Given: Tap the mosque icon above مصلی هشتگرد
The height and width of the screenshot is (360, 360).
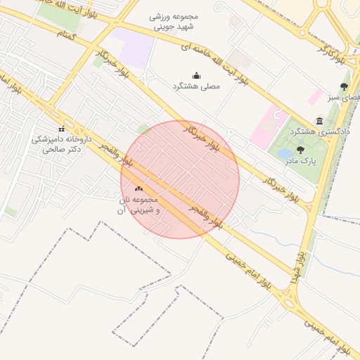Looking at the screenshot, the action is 196,76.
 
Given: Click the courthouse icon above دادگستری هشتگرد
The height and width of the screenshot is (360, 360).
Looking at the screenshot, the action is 320,121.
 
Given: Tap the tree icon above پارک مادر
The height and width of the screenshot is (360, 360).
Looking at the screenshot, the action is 300,150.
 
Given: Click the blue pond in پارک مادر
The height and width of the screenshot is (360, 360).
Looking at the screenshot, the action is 285,153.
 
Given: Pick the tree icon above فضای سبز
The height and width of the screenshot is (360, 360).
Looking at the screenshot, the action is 344,86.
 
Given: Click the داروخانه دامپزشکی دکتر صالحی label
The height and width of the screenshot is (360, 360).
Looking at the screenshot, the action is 60,144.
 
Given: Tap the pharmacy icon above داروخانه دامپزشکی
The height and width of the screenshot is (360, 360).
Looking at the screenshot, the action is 61,129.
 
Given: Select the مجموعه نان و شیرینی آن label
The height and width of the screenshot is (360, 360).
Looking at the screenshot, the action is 139,205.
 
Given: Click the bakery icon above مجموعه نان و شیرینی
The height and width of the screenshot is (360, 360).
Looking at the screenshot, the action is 139,188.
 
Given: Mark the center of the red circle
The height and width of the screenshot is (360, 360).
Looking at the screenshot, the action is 180,179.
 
